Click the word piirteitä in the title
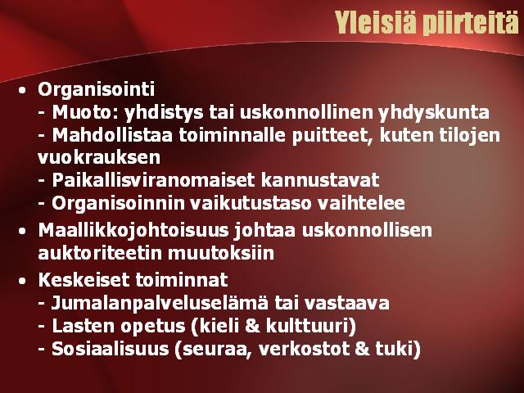471,24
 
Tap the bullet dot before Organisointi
22,90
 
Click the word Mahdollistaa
112,135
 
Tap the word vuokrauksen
99,158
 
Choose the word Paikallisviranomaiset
153,180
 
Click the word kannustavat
320,180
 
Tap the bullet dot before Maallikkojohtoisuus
22,231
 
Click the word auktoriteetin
100,253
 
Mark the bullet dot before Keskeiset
22,282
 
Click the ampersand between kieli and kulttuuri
252,326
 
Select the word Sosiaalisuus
111,349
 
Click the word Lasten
85,326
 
